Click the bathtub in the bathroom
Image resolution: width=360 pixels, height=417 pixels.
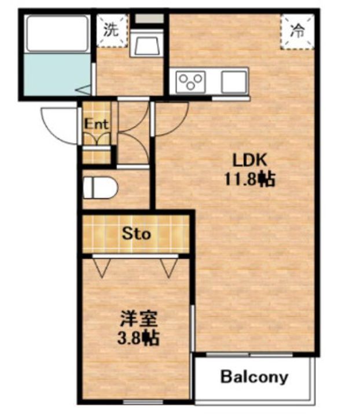pos(57,34)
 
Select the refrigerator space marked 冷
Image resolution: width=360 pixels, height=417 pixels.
pos(297,32)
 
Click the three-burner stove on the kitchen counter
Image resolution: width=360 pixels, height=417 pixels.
pos(190,82)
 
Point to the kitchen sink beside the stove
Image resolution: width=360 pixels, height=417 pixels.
pos(234,82)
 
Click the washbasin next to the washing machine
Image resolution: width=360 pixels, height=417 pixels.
pos(146,43)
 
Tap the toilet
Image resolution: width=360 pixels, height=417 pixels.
pos(100,188)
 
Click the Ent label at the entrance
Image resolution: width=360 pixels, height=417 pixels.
pos(97,124)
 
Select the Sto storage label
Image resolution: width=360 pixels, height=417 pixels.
pos(136,234)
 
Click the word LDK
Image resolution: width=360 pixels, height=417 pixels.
pos(249,160)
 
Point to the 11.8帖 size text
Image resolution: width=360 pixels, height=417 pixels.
pos(250,179)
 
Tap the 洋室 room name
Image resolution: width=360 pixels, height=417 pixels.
pos(139,319)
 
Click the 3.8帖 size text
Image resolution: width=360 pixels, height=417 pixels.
pos(138,338)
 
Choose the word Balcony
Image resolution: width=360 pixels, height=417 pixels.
pos(254,377)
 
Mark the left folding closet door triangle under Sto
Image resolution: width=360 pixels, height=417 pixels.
pos(102,267)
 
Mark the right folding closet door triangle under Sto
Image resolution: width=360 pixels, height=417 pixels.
pos(169,267)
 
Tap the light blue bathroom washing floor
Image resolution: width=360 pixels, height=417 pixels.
pos(57,74)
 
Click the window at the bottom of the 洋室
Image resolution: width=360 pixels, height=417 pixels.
pos(143,401)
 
